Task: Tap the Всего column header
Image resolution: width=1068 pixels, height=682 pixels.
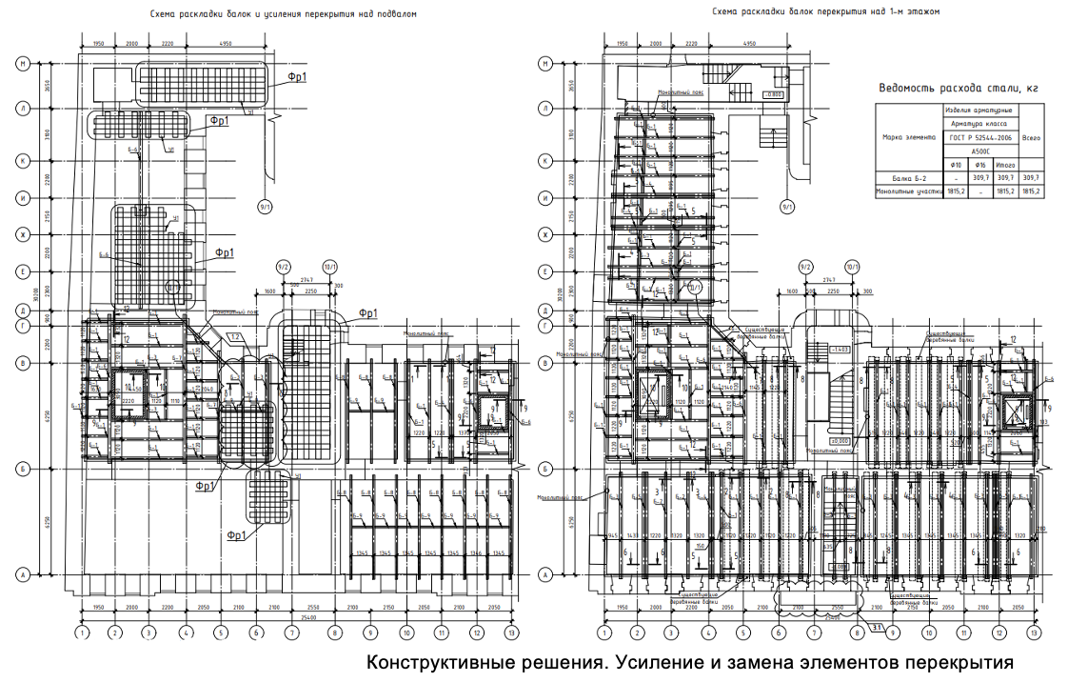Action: click(1030, 136)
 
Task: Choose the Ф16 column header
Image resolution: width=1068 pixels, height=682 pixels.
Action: click(980, 164)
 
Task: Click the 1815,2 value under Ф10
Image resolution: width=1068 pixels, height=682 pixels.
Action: click(955, 191)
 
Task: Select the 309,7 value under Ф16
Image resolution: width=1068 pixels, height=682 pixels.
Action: click(980, 177)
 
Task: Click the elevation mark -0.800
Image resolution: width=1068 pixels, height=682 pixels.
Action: click(773, 94)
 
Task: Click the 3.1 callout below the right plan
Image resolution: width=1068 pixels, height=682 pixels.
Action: click(878, 625)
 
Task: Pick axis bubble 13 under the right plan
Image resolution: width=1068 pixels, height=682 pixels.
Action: click(1033, 632)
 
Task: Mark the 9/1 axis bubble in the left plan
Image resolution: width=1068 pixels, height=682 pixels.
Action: click(265, 206)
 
